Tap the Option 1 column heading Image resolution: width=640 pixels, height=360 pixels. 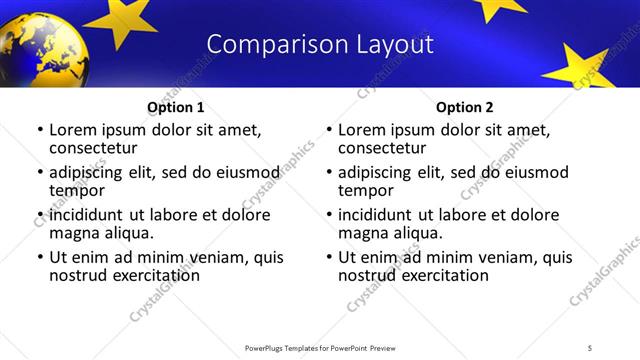coord(176,106)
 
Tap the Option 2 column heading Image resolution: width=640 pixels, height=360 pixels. coord(464,106)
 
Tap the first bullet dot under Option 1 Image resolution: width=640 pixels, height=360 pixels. coord(40,130)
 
